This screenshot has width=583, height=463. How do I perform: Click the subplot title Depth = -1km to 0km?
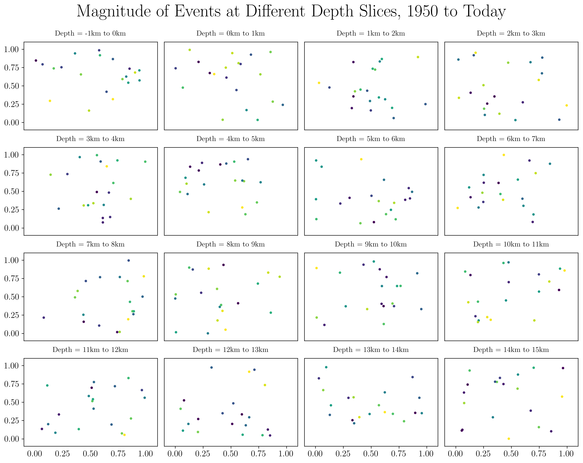click(90, 33)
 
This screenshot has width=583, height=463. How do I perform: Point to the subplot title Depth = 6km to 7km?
click(511, 139)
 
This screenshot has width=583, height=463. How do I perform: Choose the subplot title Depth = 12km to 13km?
click(230, 350)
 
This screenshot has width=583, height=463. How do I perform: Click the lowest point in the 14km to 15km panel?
click(509, 439)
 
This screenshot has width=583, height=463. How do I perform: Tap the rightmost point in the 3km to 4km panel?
click(145, 162)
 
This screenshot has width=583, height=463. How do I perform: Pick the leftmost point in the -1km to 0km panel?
click(36, 61)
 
